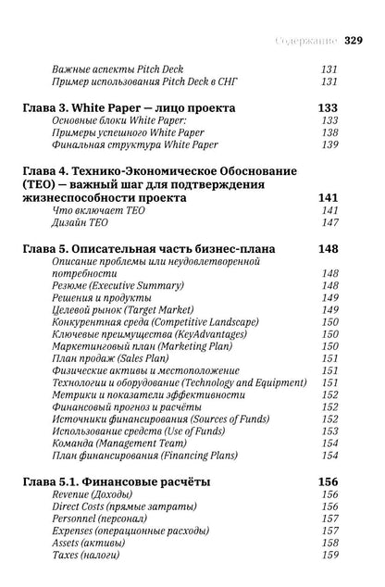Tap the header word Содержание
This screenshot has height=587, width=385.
click(x=307, y=40)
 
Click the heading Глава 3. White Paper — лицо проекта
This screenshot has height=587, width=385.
click(x=128, y=108)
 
